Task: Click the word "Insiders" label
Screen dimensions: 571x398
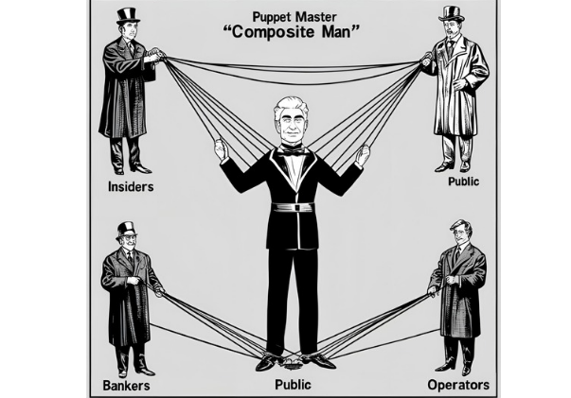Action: pyautogui.click(x=131, y=187)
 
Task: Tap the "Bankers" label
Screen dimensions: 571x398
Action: pyautogui.click(x=126, y=386)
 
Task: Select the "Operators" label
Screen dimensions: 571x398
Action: pyautogui.click(x=458, y=385)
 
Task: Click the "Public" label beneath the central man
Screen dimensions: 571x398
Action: pyautogui.click(x=293, y=385)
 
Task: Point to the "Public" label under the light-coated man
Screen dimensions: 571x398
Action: pyautogui.click(x=463, y=182)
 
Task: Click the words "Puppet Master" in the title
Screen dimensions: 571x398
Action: pyautogui.click(x=294, y=17)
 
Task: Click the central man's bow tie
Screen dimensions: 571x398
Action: pyautogui.click(x=292, y=150)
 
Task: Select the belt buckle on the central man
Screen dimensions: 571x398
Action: pyautogui.click(x=297, y=208)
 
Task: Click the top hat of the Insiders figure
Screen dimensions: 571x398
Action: pyautogui.click(x=128, y=16)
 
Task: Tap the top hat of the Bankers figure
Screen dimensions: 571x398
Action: pyautogui.click(x=126, y=230)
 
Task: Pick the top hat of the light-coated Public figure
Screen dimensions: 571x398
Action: pyautogui.click(x=452, y=14)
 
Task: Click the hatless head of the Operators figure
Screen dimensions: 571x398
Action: pyautogui.click(x=460, y=232)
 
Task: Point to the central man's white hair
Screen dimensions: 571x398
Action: pyautogui.click(x=292, y=105)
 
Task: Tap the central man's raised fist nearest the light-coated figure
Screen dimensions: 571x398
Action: pyautogui.click(x=363, y=154)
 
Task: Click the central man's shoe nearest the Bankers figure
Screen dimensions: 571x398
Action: pyautogui.click(x=269, y=362)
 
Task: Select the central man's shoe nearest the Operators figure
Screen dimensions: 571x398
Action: pyautogui.click(x=321, y=361)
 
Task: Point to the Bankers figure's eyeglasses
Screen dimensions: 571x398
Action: pyautogui.click(x=128, y=237)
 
